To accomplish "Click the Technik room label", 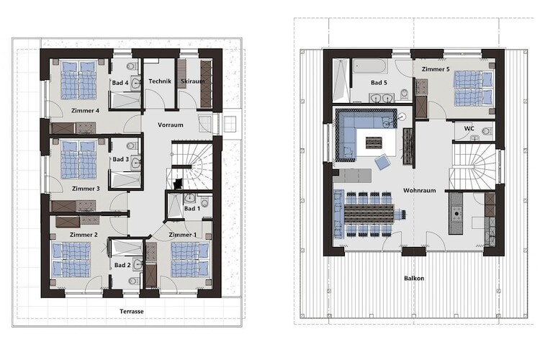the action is click(160, 81).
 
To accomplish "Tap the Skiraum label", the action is click(193, 81).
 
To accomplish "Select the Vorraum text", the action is click(171, 125).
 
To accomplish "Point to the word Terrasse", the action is click(132, 312).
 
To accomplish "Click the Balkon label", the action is click(414, 279).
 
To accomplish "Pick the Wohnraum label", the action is click(420, 191).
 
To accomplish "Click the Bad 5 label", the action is click(379, 83).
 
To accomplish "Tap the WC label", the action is click(469, 128).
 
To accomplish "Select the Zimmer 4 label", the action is click(85, 111).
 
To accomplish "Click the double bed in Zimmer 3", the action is click(79, 159).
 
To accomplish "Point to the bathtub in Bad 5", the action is click(370, 66).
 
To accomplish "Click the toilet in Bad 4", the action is click(131, 66).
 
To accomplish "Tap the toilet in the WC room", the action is click(487, 131).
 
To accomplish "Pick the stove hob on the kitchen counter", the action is click(456, 214).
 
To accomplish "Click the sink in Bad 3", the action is click(136, 162).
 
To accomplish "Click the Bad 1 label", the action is click(192, 208).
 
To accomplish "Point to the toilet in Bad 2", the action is click(133, 281).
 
